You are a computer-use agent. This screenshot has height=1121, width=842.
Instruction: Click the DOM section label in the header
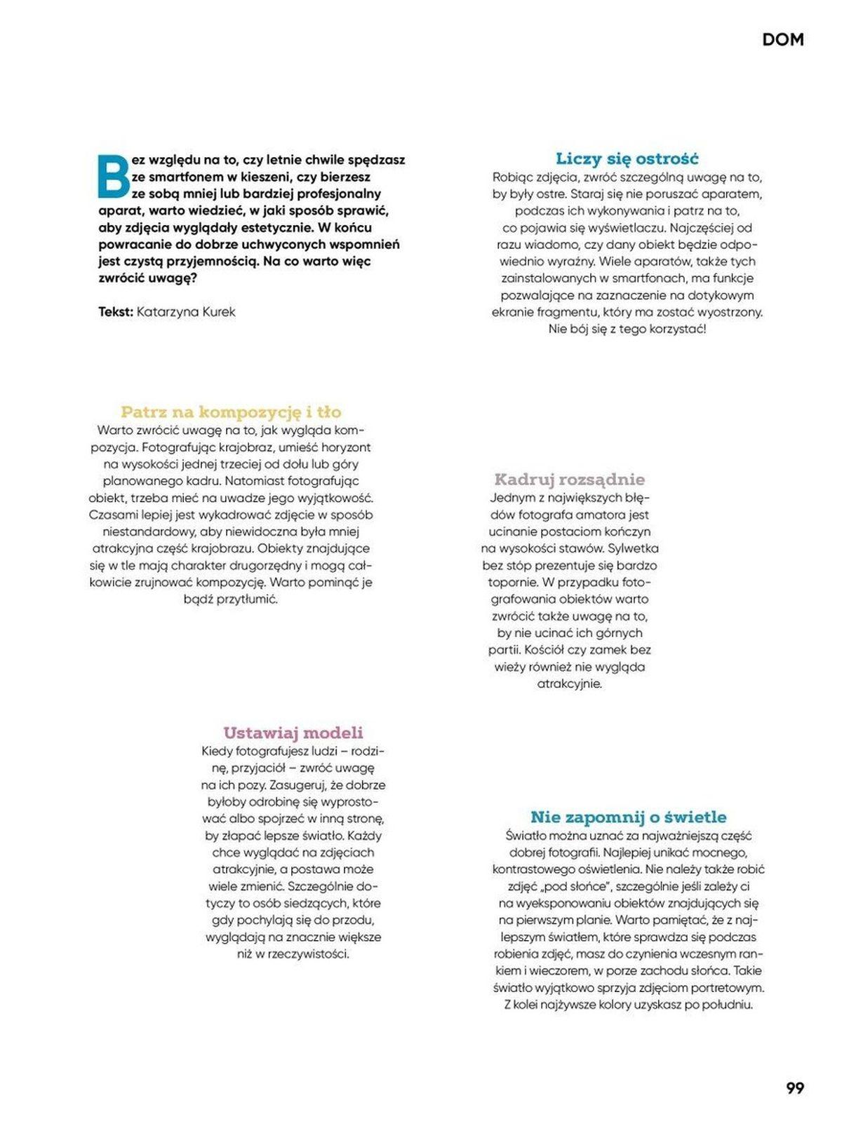pyautogui.click(x=782, y=40)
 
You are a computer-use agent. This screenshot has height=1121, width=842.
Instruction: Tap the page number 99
pyautogui.click(x=794, y=1088)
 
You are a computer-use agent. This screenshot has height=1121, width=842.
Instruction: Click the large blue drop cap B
pyautogui.click(x=112, y=177)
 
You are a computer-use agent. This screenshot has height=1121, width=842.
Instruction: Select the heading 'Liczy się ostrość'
pyautogui.click(x=627, y=158)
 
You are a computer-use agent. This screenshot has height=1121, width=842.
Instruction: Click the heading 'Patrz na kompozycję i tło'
pyautogui.click(x=231, y=412)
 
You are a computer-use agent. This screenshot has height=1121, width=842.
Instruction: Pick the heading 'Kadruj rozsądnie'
pyautogui.click(x=569, y=480)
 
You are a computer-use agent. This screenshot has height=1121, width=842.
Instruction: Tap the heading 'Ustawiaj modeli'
pyautogui.click(x=293, y=733)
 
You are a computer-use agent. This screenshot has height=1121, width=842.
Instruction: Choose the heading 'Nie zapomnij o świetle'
pyautogui.click(x=628, y=817)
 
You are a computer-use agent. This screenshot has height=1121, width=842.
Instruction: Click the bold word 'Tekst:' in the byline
pyautogui.click(x=115, y=312)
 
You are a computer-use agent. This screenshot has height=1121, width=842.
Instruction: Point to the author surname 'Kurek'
pyautogui.click(x=219, y=312)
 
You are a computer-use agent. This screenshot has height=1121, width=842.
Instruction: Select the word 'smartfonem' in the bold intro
pyautogui.click(x=182, y=177)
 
